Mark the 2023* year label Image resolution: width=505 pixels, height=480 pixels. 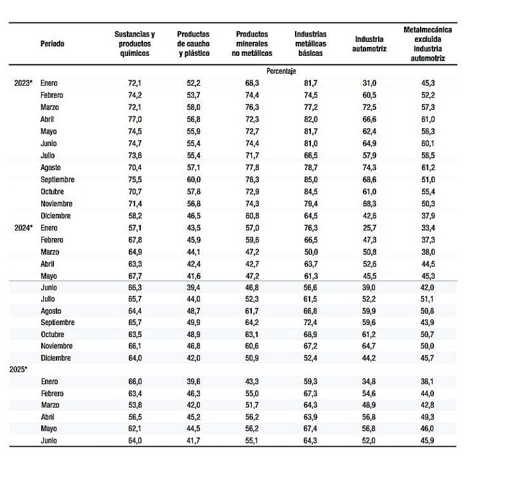(24, 82)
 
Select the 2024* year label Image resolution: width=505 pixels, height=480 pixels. (24, 228)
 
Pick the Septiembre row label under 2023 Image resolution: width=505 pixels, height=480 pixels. (57, 180)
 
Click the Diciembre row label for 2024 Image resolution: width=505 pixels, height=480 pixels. (55, 358)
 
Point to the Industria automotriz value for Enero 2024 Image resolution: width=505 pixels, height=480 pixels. (369, 228)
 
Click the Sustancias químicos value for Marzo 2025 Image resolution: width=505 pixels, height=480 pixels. (135, 405)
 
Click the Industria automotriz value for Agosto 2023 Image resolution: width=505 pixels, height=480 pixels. (369, 168)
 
